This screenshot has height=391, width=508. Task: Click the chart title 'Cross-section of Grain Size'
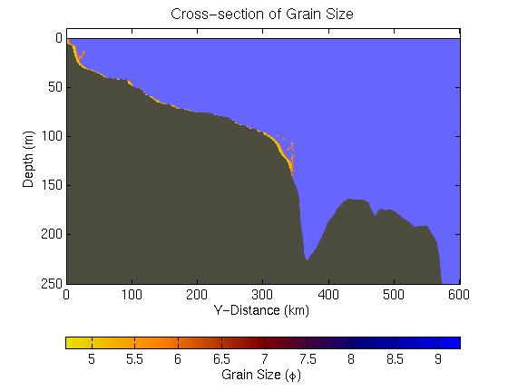point(262,15)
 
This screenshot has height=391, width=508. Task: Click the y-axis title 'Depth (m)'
point(28,160)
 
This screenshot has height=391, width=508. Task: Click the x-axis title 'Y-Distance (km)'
point(261,310)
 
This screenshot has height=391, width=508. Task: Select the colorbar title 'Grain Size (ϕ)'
point(261,375)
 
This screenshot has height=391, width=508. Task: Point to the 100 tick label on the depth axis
point(52,136)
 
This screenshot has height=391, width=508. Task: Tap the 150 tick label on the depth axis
point(52,185)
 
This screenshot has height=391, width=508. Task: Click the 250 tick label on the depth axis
point(52,283)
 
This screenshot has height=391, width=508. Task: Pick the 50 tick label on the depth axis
point(55,87)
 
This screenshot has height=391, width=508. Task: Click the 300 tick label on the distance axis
point(262,295)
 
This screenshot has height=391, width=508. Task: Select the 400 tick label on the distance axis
point(328,295)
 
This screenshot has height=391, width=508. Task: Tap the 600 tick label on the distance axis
point(459,295)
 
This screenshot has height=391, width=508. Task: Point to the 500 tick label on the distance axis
point(394,295)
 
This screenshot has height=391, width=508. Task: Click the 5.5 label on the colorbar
point(134,359)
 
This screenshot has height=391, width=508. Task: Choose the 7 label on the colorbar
point(265,359)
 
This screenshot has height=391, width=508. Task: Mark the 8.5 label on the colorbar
point(395,359)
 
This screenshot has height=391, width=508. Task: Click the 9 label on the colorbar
point(438,359)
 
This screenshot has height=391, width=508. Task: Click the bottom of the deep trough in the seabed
point(307,259)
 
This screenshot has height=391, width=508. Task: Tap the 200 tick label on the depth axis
point(52,234)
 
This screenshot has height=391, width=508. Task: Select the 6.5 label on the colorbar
point(221,359)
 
